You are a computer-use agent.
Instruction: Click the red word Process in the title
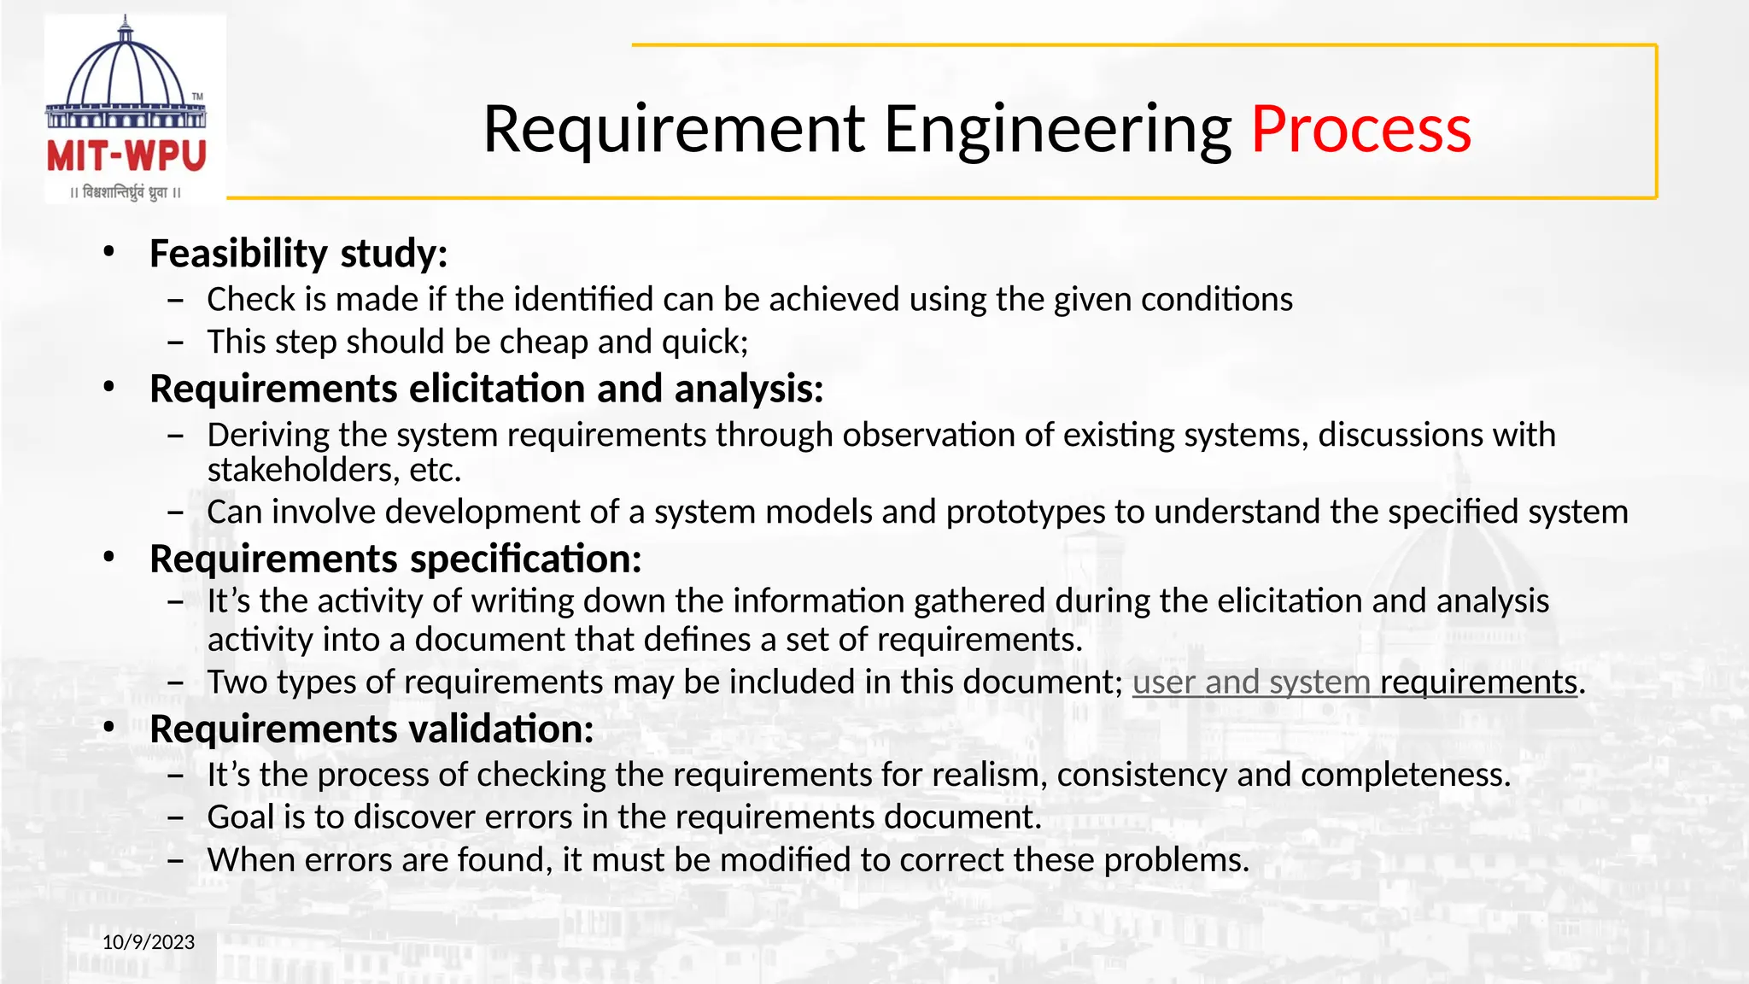(x=1360, y=130)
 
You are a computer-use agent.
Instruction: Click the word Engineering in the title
(x=1057, y=130)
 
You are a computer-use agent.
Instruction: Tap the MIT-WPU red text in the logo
(x=126, y=156)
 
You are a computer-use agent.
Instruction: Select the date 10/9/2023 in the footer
(x=149, y=942)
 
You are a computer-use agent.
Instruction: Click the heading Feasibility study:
(x=298, y=254)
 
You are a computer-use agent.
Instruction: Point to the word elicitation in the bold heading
(x=497, y=389)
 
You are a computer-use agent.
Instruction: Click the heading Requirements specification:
(x=395, y=559)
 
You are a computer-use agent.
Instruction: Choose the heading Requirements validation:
(x=371, y=729)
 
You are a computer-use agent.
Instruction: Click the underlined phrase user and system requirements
(x=1354, y=682)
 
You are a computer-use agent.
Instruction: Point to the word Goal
(x=240, y=817)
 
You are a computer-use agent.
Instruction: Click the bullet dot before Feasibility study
(x=108, y=252)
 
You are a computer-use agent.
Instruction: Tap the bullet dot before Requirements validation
(x=108, y=728)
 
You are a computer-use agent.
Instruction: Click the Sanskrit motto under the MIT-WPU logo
(x=126, y=192)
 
